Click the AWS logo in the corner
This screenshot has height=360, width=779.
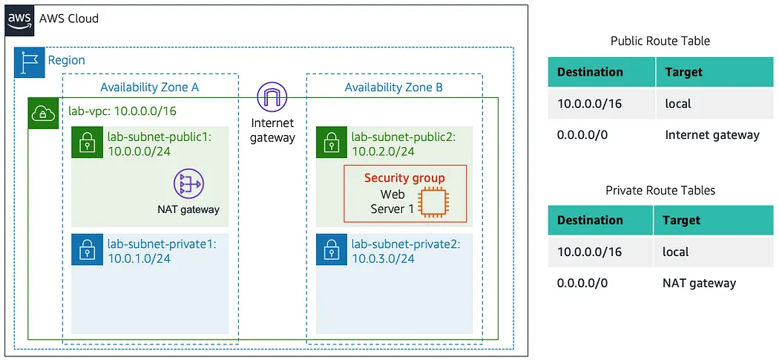point(21,19)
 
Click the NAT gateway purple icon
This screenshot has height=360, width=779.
point(188,184)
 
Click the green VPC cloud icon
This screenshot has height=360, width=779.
point(42,113)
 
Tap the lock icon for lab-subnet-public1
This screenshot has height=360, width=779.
point(86,143)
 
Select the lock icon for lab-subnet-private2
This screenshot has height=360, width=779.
point(331,251)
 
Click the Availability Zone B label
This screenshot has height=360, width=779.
point(393,88)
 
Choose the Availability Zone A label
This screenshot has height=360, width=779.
point(149,88)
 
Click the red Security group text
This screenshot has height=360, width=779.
point(404,178)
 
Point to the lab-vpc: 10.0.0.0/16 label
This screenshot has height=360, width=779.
point(122,111)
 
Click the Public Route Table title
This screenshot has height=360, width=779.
point(660,41)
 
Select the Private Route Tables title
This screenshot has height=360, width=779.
point(660,190)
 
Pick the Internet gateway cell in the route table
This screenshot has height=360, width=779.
point(711,135)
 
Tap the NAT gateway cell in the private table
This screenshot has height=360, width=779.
point(699,283)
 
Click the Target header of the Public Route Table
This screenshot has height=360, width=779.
point(683,72)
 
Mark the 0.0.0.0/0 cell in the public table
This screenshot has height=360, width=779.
point(582,135)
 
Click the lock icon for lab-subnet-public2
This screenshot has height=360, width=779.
point(331,143)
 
